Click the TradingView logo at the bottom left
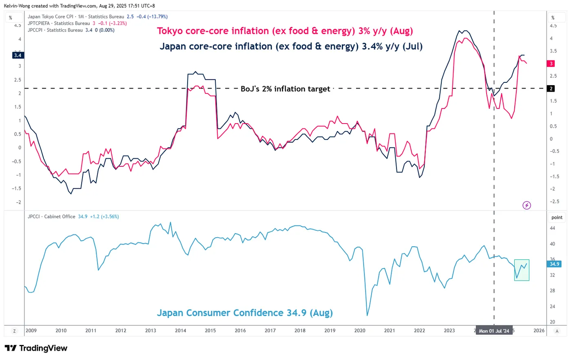tap(36, 348)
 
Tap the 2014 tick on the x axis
tap(180, 331)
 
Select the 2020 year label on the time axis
tap(360, 331)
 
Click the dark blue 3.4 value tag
tap(18, 55)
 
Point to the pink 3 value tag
tap(551, 64)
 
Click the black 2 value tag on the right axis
tap(551, 88)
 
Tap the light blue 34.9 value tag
tap(554, 264)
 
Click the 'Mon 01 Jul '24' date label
tap(494, 331)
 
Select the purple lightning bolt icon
tap(527, 205)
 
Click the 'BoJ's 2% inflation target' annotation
tap(285, 89)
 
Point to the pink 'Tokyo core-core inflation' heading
tap(285, 31)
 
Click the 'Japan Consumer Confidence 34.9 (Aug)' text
tap(245, 313)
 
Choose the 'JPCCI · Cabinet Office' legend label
tap(51, 216)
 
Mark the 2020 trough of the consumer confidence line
tap(367, 315)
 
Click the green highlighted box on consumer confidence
tap(522, 270)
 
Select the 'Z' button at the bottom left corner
tap(14, 331)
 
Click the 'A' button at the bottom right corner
tap(557, 331)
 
